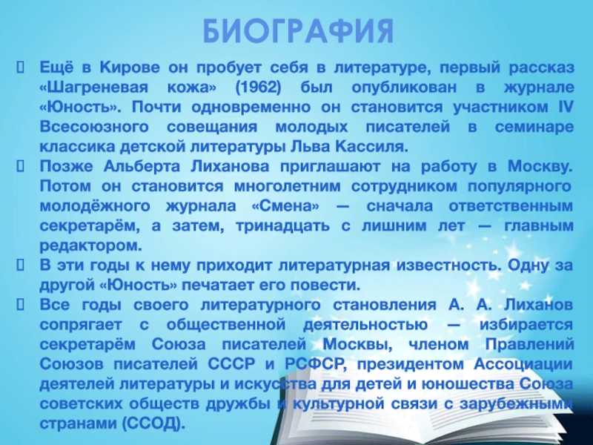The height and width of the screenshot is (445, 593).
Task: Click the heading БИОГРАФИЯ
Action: (x=299, y=31)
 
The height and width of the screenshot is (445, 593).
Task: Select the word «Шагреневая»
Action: (x=94, y=88)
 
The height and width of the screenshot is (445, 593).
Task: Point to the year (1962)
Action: (x=258, y=88)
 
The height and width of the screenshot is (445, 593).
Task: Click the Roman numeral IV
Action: (x=566, y=107)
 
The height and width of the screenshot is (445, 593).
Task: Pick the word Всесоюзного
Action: (x=94, y=127)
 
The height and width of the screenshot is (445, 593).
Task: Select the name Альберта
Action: (x=142, y=166)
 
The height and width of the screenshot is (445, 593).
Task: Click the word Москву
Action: (x=540, y=166)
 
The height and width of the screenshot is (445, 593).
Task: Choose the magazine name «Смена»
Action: (x=285, y=206)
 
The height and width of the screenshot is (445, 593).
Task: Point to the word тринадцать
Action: (x=282, y=226)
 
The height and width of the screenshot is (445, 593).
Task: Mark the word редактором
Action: (x=90, y=246)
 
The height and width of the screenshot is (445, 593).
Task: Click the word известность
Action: (x=448, y=266)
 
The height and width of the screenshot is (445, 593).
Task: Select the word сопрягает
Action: (x=81, y=325)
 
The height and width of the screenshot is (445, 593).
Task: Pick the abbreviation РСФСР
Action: (x=314, y=364)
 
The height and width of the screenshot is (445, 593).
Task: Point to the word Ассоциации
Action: (x=523, y=364)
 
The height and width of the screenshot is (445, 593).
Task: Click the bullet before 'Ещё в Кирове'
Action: (x=21, y=67)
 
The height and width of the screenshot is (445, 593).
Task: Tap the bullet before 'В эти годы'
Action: (x=21, y=266)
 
